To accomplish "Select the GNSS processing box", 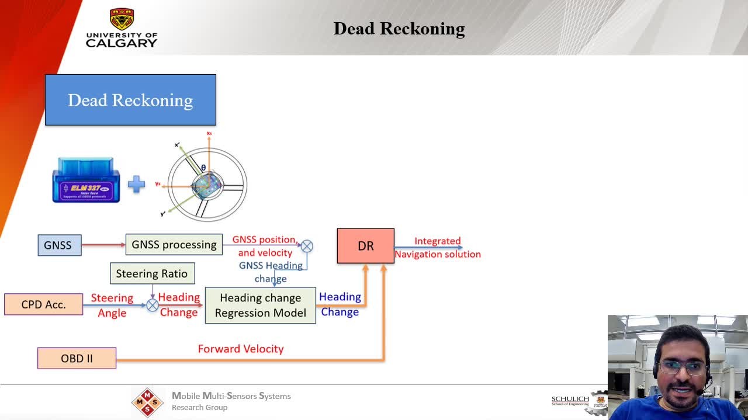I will (174, 244).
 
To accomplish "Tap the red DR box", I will (365, 246).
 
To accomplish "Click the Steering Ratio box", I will (152, 273).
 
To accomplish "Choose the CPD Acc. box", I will (43, 304).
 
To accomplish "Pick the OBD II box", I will (77, 358).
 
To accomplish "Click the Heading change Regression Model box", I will (260, 305).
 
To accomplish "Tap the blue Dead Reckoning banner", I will (130, 100).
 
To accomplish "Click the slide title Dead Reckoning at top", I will (399, 29).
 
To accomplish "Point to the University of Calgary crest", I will (122, 19).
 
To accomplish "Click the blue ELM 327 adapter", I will (86, 181).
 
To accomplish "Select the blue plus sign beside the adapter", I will (136, 185).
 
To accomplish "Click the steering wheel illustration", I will (207, 185).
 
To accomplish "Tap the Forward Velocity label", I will (241, 349).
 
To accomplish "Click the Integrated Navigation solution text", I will (438, 248).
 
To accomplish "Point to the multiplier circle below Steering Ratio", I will (153, 305).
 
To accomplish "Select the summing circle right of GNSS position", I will (307, 246).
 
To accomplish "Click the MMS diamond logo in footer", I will (147, 402).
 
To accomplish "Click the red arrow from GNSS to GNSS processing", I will (103, 245).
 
